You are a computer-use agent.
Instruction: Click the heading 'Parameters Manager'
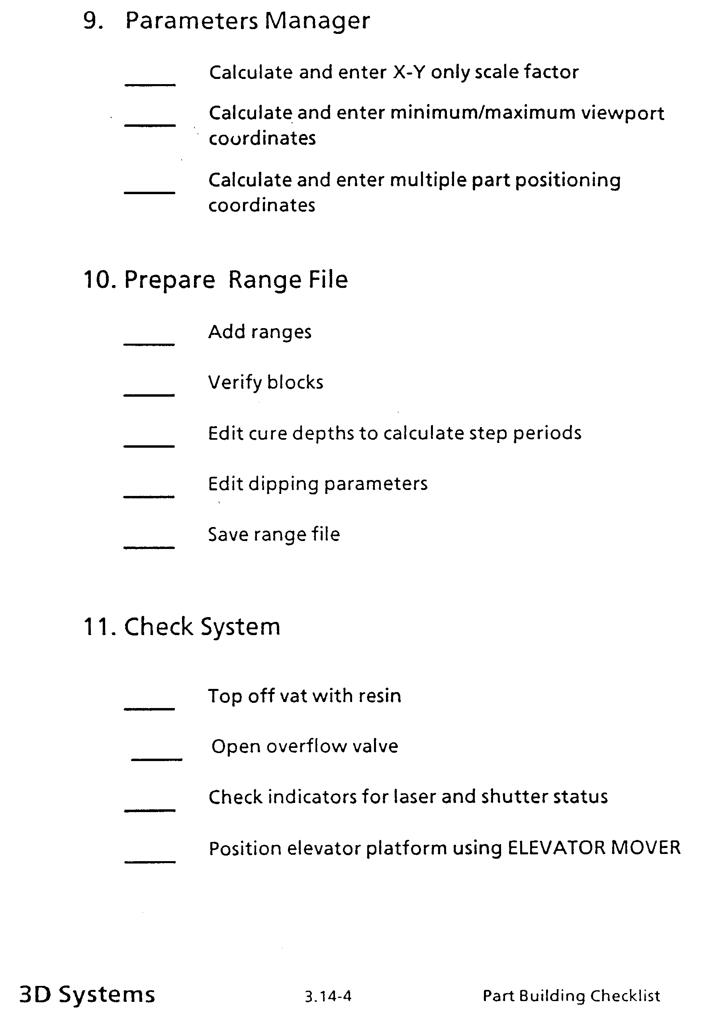(x=247, y=21)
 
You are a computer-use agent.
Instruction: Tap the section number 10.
(x=99, y=279)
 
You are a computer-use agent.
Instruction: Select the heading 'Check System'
(x=202, y=626)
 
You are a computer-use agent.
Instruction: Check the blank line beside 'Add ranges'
(x=149, y=344)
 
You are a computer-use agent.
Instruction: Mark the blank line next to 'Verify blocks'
(x=149, y=395)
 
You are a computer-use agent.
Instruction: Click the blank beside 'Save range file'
(x=149, y=547)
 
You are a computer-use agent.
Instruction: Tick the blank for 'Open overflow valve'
(x=157, y=759)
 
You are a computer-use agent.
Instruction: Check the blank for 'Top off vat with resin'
(x=149, y=708)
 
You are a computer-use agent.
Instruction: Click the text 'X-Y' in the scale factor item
(x=409, y=72)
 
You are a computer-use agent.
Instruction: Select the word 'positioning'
(x=568, y=181)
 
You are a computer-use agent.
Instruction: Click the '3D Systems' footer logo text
(x=87, y=994)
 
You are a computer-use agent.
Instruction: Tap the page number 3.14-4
(x=328, y=996)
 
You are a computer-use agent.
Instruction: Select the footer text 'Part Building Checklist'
(x=571, y=996)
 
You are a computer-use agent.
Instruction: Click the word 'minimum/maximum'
(x=483, y=113)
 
